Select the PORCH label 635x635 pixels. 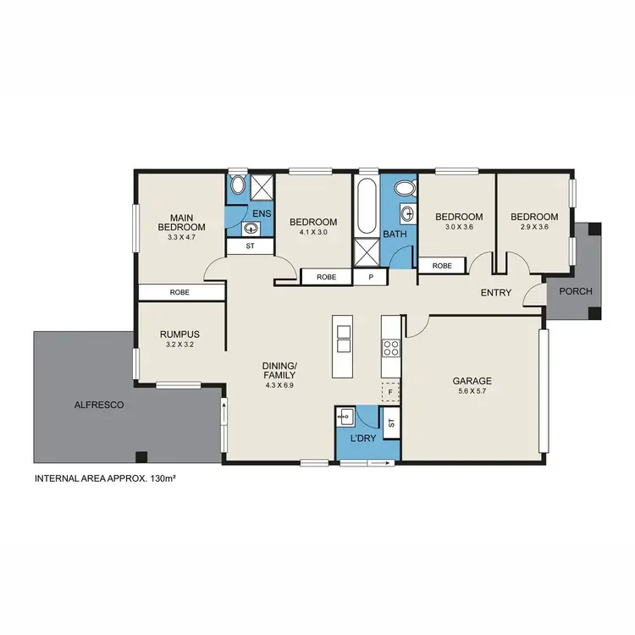point(574,292)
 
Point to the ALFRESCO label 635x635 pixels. point(98,406)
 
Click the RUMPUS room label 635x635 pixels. point(179,334)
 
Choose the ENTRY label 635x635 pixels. point(496,293)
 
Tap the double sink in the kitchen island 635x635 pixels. point(343,339)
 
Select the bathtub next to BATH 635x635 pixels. point(367,207)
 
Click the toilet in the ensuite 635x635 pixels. point(236,186)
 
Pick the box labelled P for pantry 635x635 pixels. point(369,277)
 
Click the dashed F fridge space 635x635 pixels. point(390,392)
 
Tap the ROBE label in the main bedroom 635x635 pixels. point(179,292)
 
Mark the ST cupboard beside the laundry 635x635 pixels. point(391,422)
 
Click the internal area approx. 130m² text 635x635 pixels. point(110,478)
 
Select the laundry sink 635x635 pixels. point(346,417)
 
